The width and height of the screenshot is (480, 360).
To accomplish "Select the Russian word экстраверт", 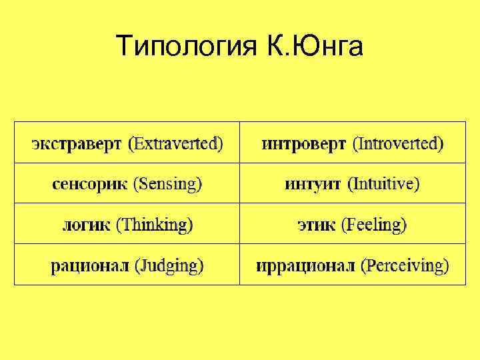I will pos(77,143).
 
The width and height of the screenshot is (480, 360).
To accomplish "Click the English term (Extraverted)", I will pos(177,143).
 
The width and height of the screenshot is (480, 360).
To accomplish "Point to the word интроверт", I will pos(303,143).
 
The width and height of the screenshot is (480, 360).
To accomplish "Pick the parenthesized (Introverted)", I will pos(398,143).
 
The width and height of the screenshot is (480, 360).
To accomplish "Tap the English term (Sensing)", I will pos(168,184).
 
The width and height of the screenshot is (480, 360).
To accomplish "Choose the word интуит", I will pos(313,184).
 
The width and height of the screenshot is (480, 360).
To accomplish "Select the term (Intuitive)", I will pos(384,184).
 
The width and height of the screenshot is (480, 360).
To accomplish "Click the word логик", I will pos(87,225).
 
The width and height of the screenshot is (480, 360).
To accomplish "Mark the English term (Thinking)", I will pos(155,225).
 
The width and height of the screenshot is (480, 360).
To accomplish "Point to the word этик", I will pos(317,225).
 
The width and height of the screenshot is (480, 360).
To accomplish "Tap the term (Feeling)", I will pos(374,225).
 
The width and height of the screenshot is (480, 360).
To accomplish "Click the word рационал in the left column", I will pos(90,265).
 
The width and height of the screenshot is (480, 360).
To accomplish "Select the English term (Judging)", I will pos(169,265).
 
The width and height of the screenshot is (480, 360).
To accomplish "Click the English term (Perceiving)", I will pos(405,265).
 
